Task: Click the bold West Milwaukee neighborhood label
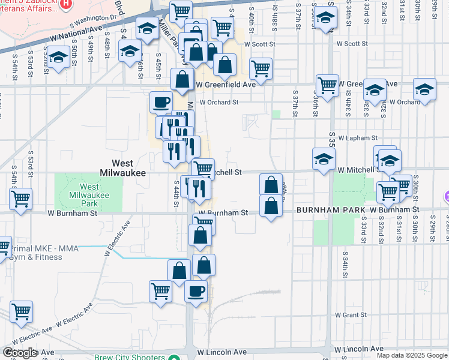pyautogui.click(x=128, y=167)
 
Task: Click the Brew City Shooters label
pyautogui.click(x=130, y=357)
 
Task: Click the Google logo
pyautogui.click(x=20, y=353)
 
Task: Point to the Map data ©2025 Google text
pyautogui.click(x=412, y=356)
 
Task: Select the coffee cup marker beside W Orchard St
pyautogui.click(x=160, y=103)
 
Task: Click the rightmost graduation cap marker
pyautogui.click(x=424, y=90)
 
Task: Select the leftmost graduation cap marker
pyautogui.click(x=58, y=58)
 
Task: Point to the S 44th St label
pyautogui.click(x=176, y=193)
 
